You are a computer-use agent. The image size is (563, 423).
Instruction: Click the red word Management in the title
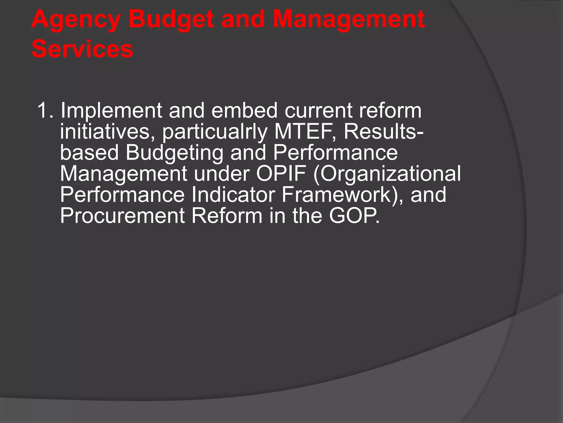pos(349,20)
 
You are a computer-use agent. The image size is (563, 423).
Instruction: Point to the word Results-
pos(384,132)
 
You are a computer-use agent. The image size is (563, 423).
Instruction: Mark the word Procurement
pos(122,216)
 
